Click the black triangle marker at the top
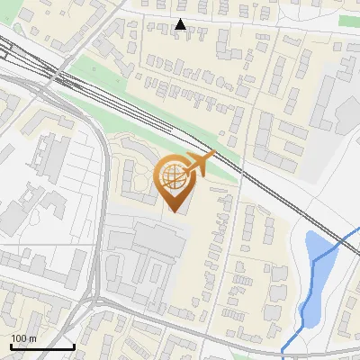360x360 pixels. coord(180,24)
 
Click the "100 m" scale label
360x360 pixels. coord(23,338)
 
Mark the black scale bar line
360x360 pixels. coord(41,346)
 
